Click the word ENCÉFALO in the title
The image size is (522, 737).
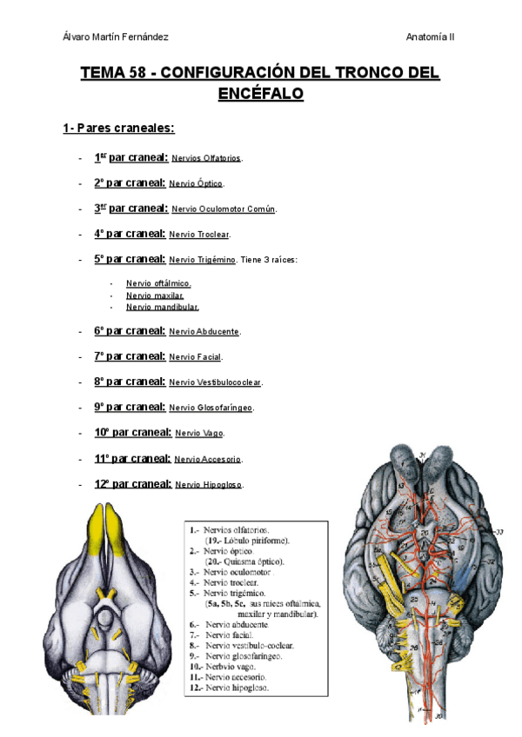coord(260,94)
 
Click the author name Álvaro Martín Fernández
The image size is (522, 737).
coord(116,37)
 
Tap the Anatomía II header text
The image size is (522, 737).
coord(430,37)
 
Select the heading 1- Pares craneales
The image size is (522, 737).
coord(118,129)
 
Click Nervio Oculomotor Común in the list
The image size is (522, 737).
coord(224,209)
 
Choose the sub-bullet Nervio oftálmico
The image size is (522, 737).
coord(158,283)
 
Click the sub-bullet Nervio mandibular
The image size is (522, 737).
coord(162,307)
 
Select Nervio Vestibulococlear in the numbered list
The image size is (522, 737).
coord(215,382)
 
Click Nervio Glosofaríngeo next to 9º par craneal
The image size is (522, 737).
coord(211,408)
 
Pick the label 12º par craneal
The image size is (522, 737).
coord(132,483)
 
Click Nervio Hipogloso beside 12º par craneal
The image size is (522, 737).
coord(209,485)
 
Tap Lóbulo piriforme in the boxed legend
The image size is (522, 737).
coord(247,540)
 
